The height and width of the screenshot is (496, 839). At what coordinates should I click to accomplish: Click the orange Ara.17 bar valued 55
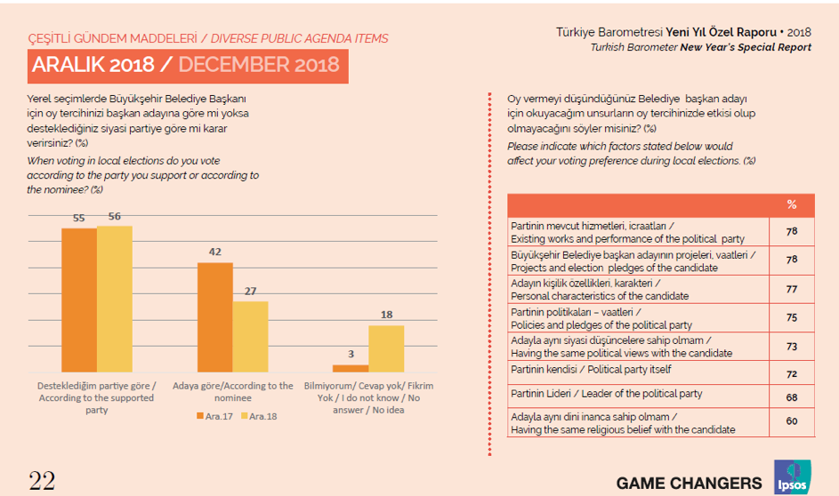point(78,300)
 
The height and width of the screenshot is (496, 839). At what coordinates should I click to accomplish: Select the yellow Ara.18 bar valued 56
point(115,299)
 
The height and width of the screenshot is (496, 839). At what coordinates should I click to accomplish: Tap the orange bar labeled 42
point(214,316)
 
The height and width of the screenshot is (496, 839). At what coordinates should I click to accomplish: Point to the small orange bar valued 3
point(350,367)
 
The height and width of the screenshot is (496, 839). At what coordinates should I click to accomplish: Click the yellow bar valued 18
point(385,348)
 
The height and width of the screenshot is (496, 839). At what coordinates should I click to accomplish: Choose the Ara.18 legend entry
point(259,415)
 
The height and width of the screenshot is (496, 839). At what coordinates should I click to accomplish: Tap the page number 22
point(42,481)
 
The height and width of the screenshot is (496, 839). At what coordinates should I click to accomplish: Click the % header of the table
point(792,204)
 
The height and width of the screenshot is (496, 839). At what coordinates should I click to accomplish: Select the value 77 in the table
point(792,290)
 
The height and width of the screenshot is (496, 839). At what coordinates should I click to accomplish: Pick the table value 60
point(792,422)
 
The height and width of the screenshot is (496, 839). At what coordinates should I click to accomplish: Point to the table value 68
point(792,397)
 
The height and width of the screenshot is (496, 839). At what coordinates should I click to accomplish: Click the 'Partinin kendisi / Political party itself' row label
point(591,369)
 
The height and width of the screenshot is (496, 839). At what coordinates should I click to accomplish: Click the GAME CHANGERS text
point(689,483)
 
